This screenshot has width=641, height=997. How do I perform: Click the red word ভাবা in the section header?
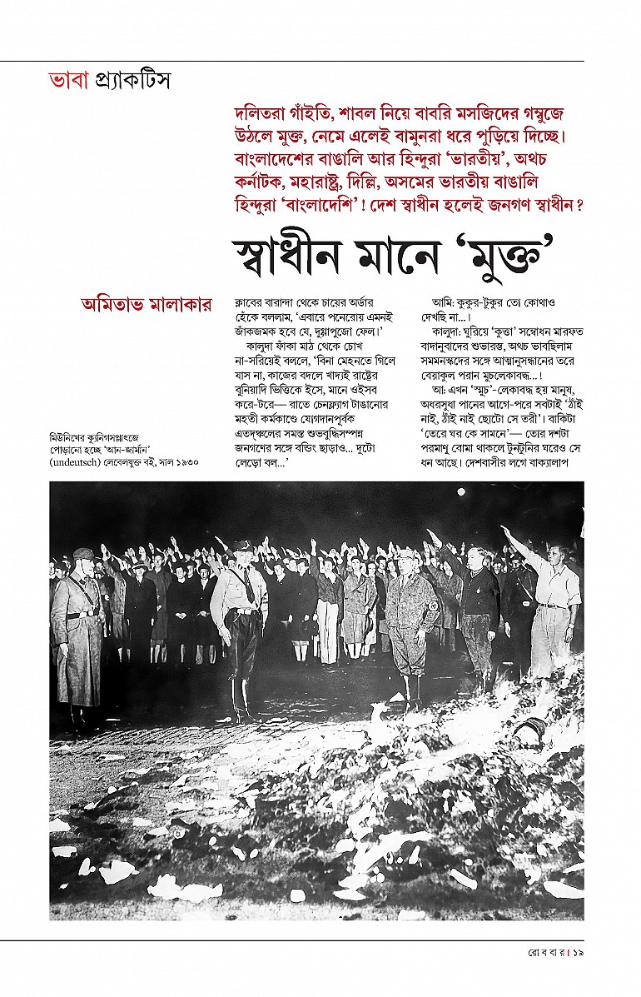click(68, 82)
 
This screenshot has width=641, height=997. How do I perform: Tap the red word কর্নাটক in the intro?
click(261, 182)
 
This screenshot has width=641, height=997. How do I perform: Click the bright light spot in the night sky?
click(460, 492)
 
